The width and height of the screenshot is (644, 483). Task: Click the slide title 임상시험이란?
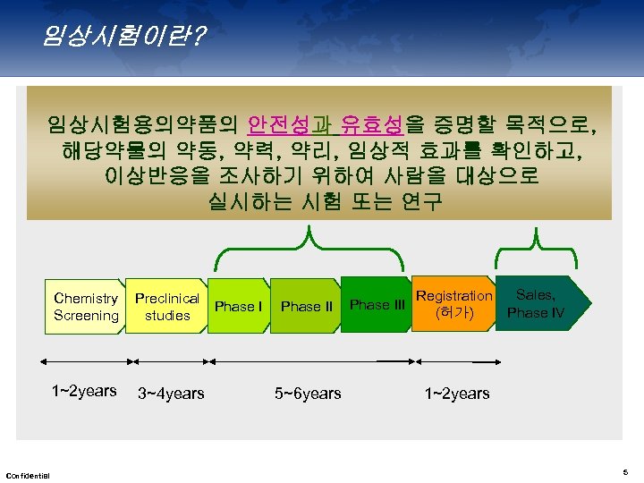pos(122,35)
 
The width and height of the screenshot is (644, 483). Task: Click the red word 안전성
pos(279,123)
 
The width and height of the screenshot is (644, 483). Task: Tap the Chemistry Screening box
pos(86,307)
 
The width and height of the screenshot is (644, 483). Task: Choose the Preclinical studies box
pos(167,307)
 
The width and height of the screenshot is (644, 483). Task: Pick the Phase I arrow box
pos(238,307)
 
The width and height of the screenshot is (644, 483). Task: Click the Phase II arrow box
pos(306,307)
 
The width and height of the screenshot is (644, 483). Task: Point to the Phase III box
pos(376,305)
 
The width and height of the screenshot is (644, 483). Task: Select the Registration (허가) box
pos(453,304)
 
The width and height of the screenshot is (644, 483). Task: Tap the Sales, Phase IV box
pos(538,304)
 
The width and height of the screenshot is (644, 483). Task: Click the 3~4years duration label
pos(171,394)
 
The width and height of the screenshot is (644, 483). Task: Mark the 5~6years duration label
pos(308,394)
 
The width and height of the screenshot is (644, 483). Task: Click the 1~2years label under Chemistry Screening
pos(84,391)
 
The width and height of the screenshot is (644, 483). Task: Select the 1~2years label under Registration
pos(456,394)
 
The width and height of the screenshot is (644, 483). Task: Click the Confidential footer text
pos(28,474)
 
